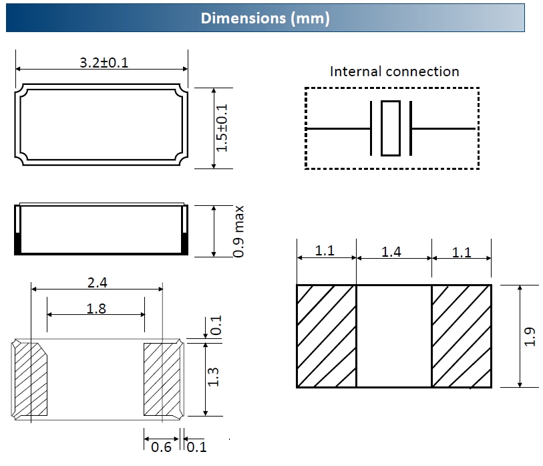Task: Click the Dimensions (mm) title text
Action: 265,18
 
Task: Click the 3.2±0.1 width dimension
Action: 104,63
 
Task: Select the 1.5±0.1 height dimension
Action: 223,128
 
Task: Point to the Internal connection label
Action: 394,72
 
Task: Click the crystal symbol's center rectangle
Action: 391,128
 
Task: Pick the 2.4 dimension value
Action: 98,283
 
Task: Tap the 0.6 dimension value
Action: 161,447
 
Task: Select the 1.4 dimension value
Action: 391,252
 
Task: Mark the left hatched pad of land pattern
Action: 326,336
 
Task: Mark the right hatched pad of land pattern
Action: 462,336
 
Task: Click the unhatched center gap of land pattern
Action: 393,336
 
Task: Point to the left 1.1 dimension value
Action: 325,251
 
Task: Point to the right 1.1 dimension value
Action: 462,252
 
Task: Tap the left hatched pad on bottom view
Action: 31,378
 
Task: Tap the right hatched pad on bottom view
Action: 162,378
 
